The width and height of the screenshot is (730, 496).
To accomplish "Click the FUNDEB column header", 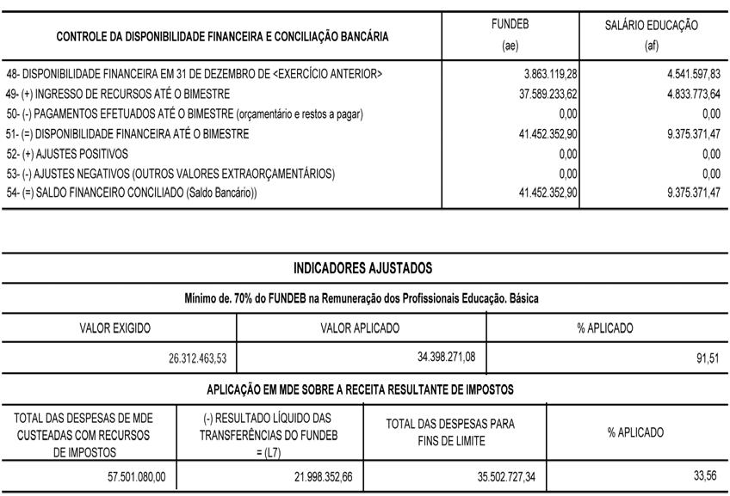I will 510,25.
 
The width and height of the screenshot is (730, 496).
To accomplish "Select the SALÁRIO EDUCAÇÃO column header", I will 652,26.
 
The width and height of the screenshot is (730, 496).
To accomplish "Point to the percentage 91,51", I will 708,358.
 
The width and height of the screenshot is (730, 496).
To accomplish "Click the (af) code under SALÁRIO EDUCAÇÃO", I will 651,46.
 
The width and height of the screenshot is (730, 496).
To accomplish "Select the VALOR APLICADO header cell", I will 360,328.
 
